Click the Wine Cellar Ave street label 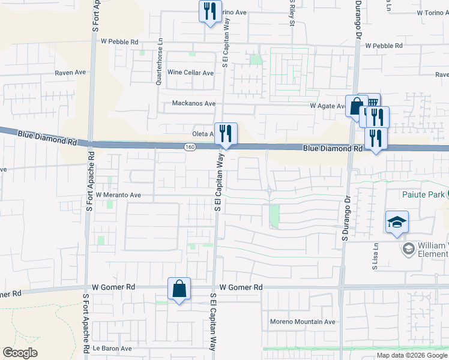point(190,73)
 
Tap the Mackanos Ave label point(193,103)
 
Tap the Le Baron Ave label point(112,348)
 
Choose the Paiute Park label point(424,194)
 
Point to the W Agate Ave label point(327,106)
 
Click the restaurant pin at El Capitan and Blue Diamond point(226,133)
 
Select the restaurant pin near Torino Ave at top point(209,11)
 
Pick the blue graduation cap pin point(397,222)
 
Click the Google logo point(20,353)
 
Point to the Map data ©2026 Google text point(411,355)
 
